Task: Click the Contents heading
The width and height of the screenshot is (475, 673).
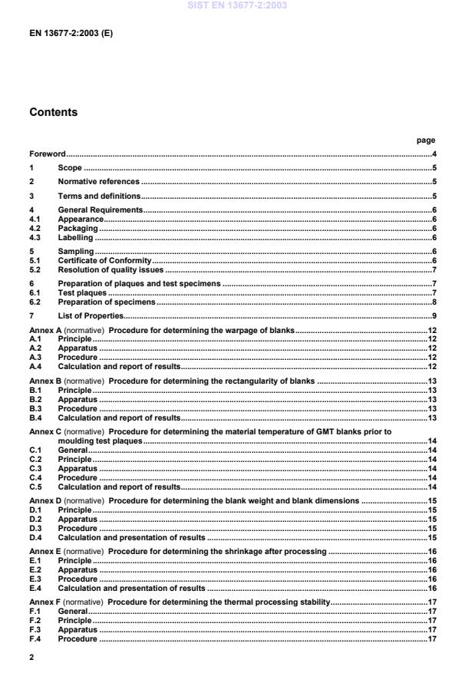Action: point(53,112)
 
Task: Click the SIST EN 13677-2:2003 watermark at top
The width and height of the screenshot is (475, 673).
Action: point(237,6)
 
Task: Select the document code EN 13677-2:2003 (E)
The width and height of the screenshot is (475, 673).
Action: point(71,34)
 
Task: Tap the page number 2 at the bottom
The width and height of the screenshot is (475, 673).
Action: point(31,658)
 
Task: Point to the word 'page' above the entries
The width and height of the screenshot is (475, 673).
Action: point(425,140)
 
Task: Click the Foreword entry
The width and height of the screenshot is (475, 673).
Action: point(48,154)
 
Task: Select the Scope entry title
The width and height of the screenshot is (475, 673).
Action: point(70,168)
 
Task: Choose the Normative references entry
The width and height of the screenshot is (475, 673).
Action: point(98,182)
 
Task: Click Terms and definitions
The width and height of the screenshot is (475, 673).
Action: point(97,196)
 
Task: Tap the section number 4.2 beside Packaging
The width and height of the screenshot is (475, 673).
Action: point(35,229)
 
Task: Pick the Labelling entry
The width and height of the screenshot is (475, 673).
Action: point(75,238)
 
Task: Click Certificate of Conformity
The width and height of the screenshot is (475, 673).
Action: point(104,261)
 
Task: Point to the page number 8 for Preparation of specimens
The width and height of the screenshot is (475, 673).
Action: point(434,302)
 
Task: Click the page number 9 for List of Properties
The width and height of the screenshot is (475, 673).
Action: point(434,316)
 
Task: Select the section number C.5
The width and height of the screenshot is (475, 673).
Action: point(35,487)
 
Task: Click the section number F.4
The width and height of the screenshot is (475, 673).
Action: point(35,638)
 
